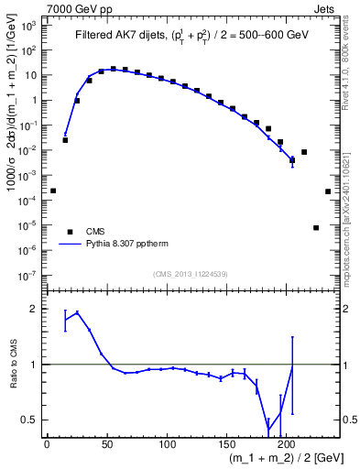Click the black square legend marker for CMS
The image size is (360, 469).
(66, 232)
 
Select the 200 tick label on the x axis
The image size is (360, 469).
(287, 444)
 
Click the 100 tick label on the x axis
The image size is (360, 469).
(167, 444)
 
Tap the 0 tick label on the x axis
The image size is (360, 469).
(47, 444)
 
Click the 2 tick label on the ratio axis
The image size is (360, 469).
(34, 309)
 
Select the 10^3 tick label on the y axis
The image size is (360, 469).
(28, 26)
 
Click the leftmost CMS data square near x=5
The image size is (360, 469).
(53, 191)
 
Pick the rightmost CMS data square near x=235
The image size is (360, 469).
(328, 191)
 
